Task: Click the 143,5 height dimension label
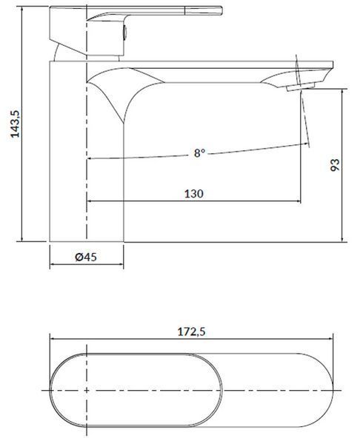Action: click(x=15, y=124)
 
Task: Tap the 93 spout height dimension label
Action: click(x=335, y=164)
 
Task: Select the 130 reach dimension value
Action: click(x=194, y=194)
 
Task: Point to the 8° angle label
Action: click(x=199, y=153)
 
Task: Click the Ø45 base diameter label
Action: click(x=86, y=257)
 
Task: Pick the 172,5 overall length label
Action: click(x=191, y=332)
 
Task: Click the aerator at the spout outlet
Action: click(x=301, y=86)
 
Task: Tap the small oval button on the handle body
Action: click(x=124, y=31)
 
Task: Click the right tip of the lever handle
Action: click(x=222, y=11)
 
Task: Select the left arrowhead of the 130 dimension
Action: click(x=87, y=201)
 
